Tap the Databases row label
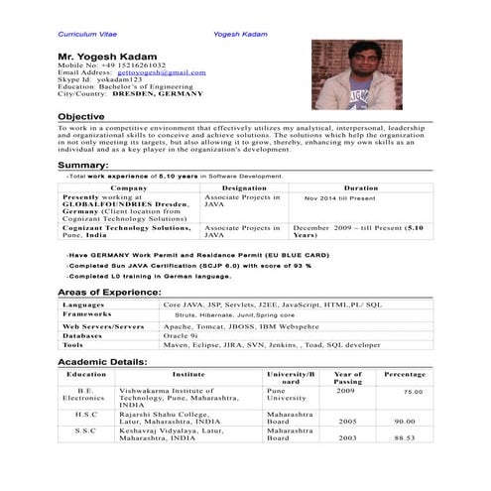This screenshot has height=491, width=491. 84,335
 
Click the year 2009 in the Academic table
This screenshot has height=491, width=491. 346,391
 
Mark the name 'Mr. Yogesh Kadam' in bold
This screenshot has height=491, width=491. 110,55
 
